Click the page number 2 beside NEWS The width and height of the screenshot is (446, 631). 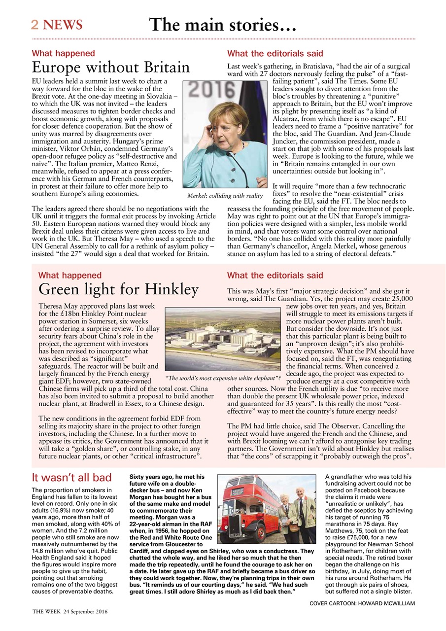[35, 25]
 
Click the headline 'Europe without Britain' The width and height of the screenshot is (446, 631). [110, 67]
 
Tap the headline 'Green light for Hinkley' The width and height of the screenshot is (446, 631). [118, 289]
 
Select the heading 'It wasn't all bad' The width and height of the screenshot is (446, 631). [71, 477]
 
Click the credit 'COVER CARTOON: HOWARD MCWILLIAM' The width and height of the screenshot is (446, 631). [362, 603]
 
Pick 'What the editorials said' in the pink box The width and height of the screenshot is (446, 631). [275, 275]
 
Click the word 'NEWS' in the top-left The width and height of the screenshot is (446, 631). [63, 25]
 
